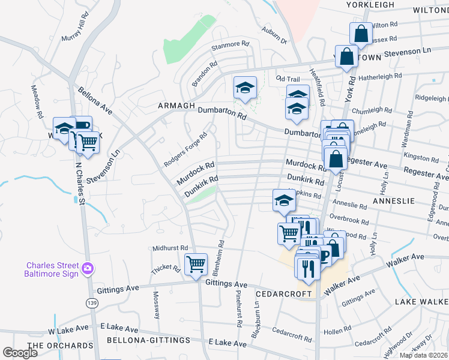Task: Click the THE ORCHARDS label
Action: tap(61, 346)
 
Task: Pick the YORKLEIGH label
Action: tap(371, 5)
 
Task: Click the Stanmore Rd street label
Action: tap(229, 44)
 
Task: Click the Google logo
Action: tap(20, 353)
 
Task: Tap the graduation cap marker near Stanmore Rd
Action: tap(245, 88)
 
